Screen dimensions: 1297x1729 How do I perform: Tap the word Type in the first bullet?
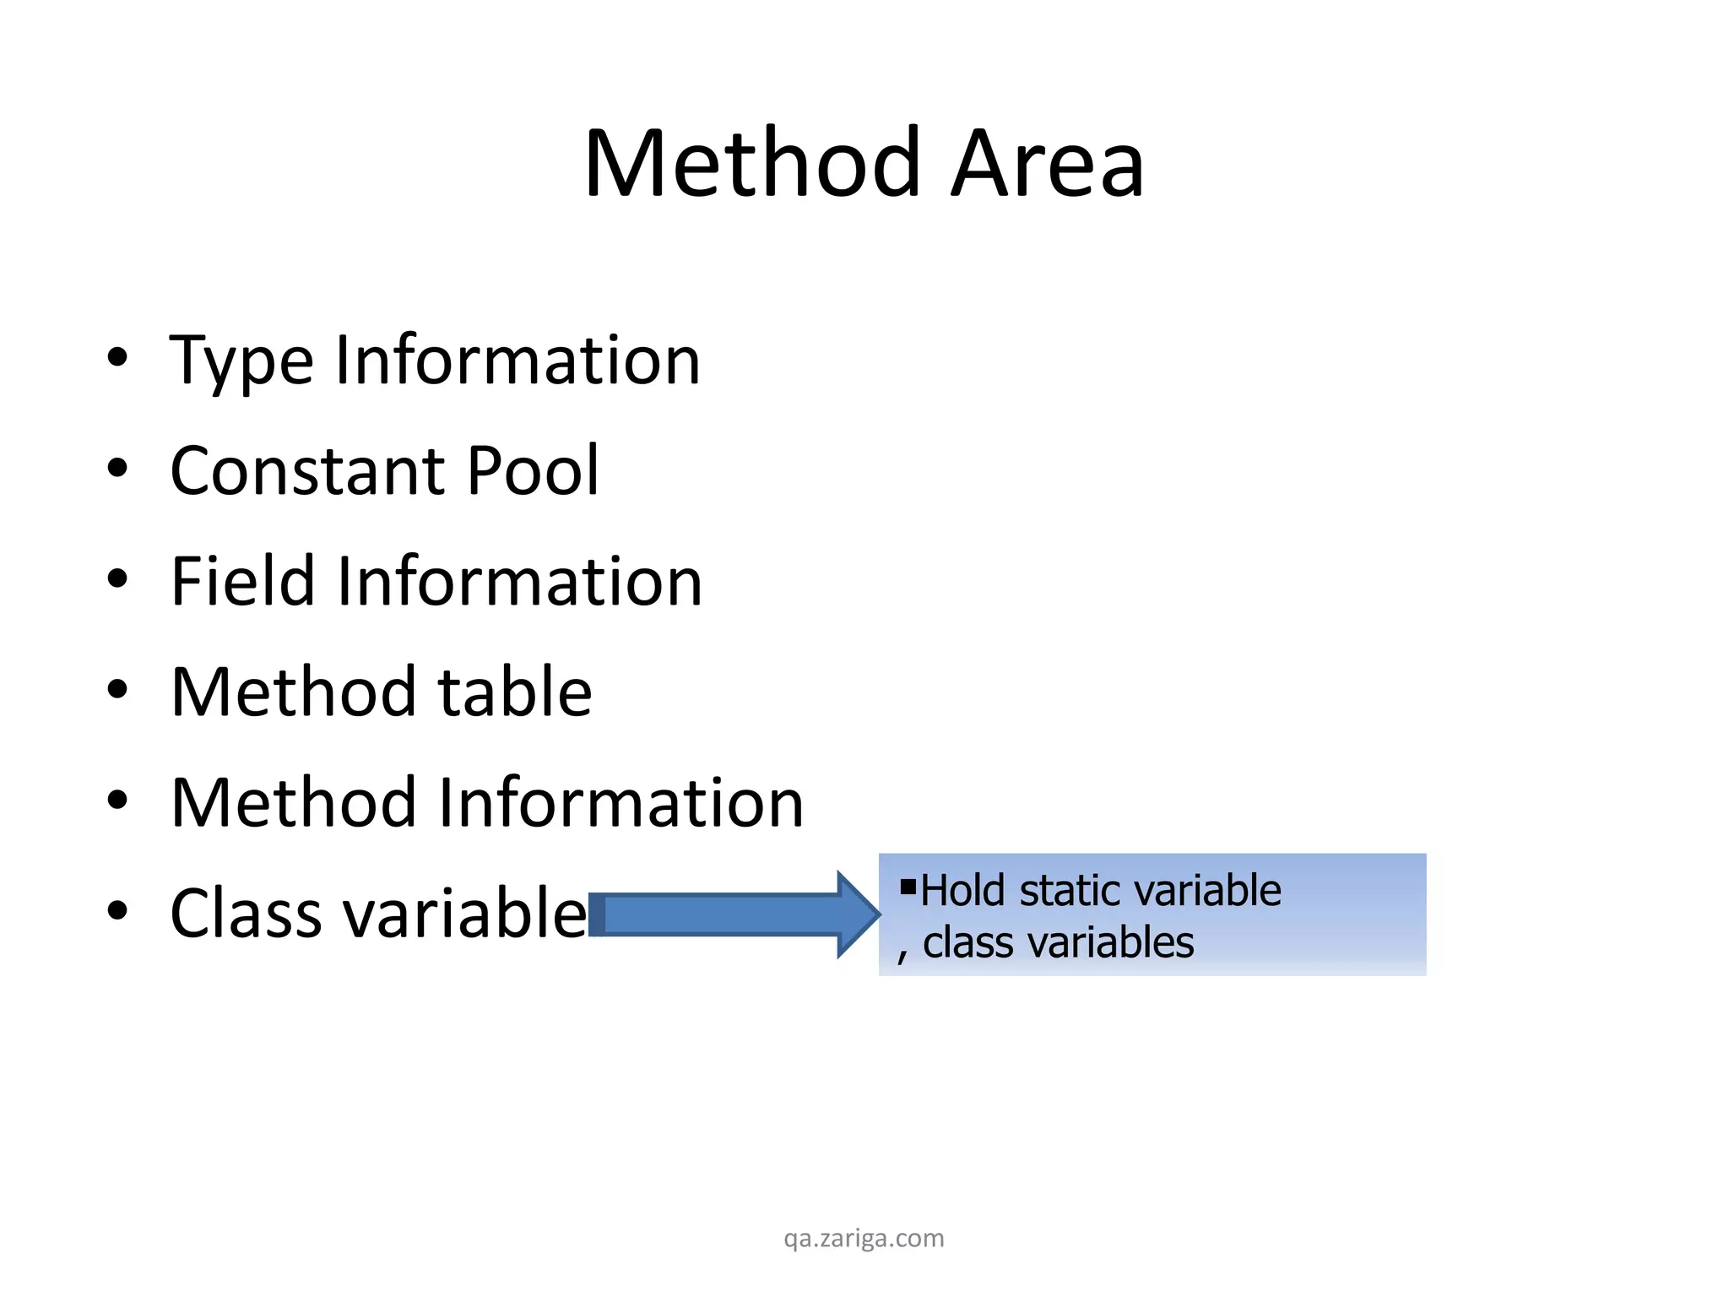[241, 361]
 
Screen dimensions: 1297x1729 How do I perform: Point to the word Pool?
[532, 470]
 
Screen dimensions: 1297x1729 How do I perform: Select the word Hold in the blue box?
[962, 891]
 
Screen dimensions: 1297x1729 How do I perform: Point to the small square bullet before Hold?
[908, 886]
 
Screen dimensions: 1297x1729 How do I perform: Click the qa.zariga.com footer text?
[864, 1239]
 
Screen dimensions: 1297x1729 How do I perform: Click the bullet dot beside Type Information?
[117, 357]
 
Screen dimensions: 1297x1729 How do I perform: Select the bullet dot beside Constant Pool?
[117, 468]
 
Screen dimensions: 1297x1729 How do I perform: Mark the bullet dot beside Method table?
[117, 689]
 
